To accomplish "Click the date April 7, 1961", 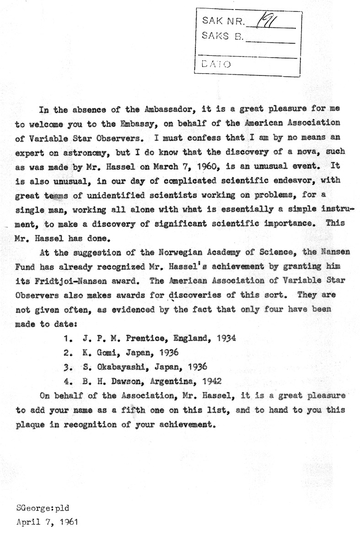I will pyautogui.click(x=43, y=521).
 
